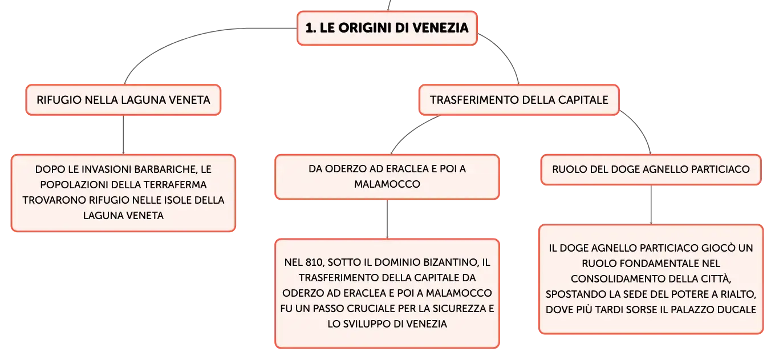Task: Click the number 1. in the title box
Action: (311, 28)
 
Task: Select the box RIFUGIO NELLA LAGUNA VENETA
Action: (124, 100)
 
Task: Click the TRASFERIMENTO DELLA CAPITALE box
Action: (519, 100)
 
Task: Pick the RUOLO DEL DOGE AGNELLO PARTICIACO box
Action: (651, 169)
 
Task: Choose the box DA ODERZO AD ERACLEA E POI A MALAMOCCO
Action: (387, 176)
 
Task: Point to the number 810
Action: (314, 262)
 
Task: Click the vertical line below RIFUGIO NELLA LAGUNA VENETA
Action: (124, 135)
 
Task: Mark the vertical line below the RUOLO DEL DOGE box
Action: (651, 205)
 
